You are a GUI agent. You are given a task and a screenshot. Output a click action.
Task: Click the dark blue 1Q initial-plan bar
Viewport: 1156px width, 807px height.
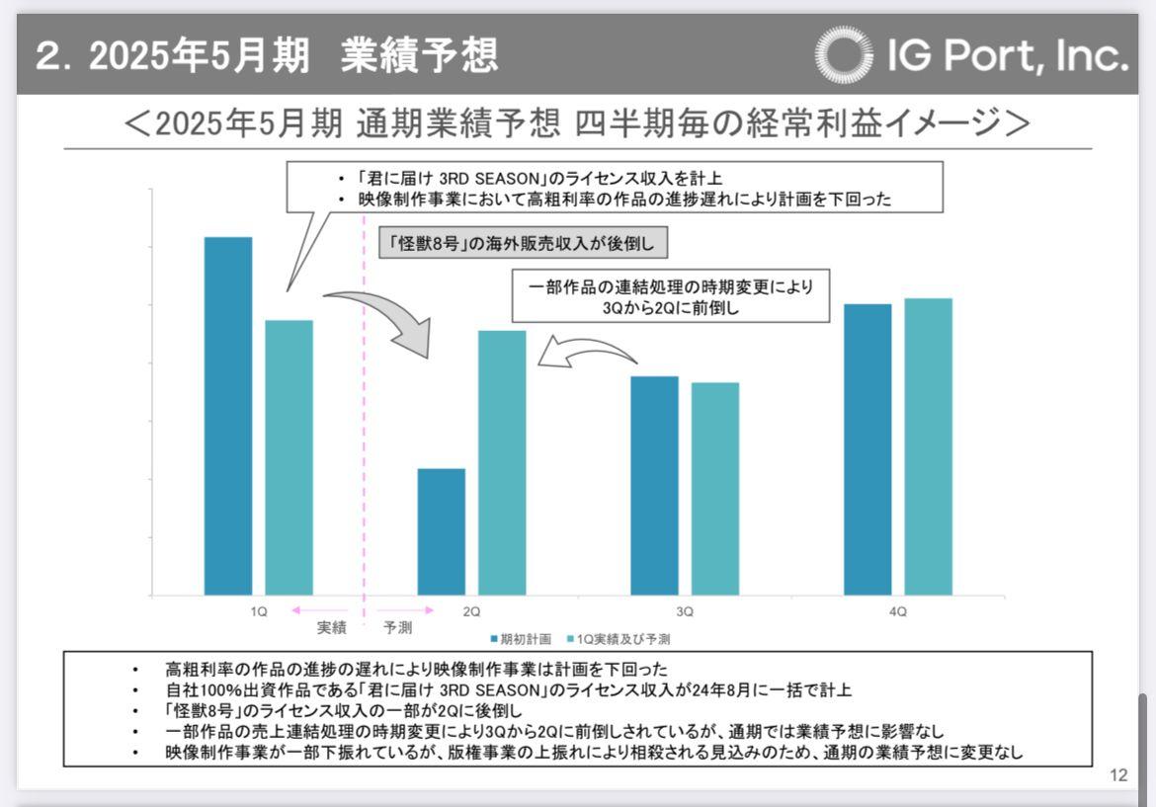(x=228, y=416)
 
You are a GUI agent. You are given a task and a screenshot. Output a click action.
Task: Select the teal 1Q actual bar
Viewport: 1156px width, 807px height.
(x=289, y=457)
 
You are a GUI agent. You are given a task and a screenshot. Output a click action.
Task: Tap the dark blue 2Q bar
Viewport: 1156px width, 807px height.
(x=442, y=531)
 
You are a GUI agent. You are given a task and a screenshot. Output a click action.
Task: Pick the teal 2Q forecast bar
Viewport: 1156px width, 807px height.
(x=503, y=462)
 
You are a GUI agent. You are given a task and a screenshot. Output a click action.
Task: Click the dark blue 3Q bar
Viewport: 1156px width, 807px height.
(x=655, y=485)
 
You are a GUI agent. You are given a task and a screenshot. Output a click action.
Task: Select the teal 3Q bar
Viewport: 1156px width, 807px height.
(x=715, y=488)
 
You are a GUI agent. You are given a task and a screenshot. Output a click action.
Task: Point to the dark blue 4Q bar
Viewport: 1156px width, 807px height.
(x=867, y=449)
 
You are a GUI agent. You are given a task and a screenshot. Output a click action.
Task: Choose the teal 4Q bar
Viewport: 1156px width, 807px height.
(x=929, y=446)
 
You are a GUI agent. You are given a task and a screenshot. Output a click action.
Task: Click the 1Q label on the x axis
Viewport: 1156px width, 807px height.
(x=259, y=611)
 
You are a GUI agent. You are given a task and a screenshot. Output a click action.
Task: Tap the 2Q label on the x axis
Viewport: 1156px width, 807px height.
(x=472, y=611)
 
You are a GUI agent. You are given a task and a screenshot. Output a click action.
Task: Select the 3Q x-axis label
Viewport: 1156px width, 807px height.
(x=685, y=611)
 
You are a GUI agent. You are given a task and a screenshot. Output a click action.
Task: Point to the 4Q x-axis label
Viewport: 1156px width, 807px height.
(x=898, y=611)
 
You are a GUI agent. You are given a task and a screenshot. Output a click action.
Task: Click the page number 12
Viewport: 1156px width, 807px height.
(x=1118, y=775)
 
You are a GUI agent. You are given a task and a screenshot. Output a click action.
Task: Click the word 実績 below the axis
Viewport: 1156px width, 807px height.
(x=332, y=627)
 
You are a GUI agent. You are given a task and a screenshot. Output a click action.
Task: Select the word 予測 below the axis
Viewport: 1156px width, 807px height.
(x=398, y=627)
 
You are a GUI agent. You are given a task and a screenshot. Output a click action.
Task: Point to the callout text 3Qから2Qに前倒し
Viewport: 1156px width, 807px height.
(x=671, y=307)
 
